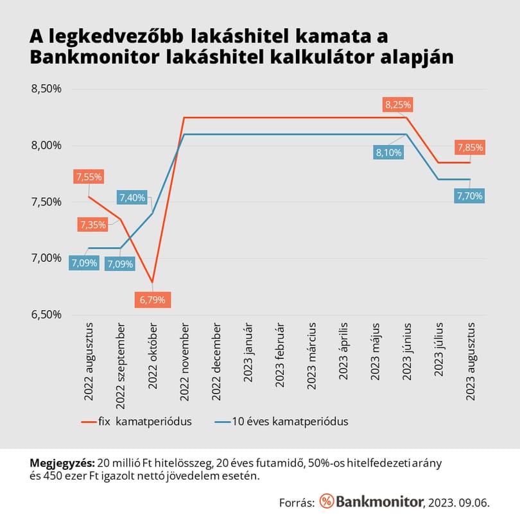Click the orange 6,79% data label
coord(153,300)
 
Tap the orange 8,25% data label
coord(397,105)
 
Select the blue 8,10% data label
coord(388,153)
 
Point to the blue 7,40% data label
coord(132,198)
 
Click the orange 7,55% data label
coord(89,177)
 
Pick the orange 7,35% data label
coord(93,225)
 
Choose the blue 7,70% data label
coord(469,196)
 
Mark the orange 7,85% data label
coord(470,147)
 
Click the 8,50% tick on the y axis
coord(46,89)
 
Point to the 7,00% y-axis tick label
coord(46,258)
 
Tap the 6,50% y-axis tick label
coord(46,315)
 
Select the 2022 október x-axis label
coord(152,356)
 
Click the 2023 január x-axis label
coord(248,352)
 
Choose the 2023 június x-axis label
coord(407,352)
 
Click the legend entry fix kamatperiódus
coord(136,422)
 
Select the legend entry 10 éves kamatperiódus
coord(281,422)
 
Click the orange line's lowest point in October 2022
coord(152,282)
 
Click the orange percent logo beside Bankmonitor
coord(327,501)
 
